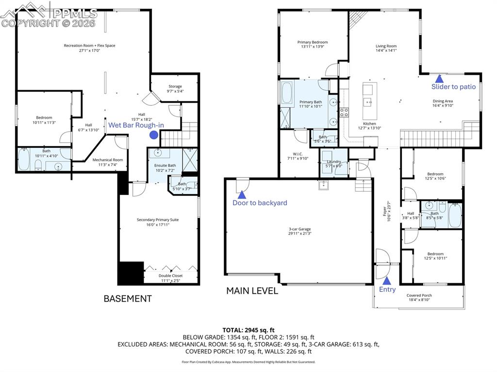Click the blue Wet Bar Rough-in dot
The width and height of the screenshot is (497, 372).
153,135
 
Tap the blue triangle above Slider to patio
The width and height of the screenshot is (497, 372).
439,78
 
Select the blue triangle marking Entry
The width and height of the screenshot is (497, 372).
387,280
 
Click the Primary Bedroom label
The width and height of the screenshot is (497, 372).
313,42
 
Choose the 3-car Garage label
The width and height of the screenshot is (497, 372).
299,229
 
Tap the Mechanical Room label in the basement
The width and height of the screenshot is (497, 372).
108,160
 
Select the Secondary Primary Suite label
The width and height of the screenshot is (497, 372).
158,220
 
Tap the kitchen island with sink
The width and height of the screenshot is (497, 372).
367,96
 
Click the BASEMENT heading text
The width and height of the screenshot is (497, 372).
128,299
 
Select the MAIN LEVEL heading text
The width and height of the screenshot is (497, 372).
252,291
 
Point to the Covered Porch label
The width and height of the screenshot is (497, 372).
419,295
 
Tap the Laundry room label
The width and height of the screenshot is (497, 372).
334,162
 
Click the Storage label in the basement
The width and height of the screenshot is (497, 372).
175,86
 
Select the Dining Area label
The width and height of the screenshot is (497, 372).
442,101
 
